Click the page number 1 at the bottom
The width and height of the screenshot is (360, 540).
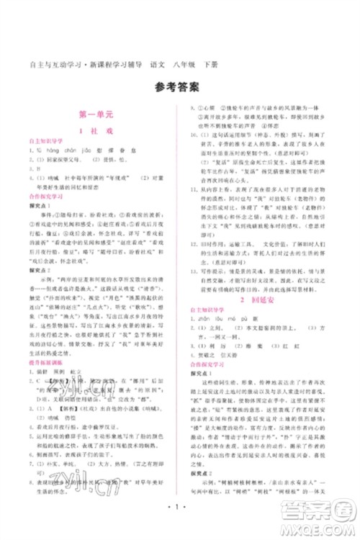point(179,516)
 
